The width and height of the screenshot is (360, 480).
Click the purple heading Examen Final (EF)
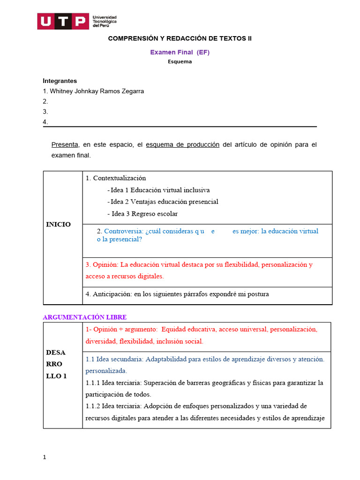pos(180,52)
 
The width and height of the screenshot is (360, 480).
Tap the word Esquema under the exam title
pos(180,62)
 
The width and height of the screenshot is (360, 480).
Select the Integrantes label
pos(60,81)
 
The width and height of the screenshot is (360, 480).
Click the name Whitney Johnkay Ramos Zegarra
pos(97,91)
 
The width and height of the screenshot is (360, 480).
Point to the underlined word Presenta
pos(65,144)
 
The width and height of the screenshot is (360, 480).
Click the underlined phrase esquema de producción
pos(182,144)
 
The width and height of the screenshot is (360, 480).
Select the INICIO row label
pos(59,225)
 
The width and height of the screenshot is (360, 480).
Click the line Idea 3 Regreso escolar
pos(144,214)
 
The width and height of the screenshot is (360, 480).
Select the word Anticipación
pos(112,294)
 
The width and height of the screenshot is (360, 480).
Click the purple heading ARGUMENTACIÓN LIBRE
pos(84,317)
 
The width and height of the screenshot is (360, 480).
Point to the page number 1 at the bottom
pos(45,457)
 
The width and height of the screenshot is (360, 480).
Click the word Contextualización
pos(119,178)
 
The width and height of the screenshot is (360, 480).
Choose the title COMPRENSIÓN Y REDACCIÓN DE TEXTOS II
pos(180,38)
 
